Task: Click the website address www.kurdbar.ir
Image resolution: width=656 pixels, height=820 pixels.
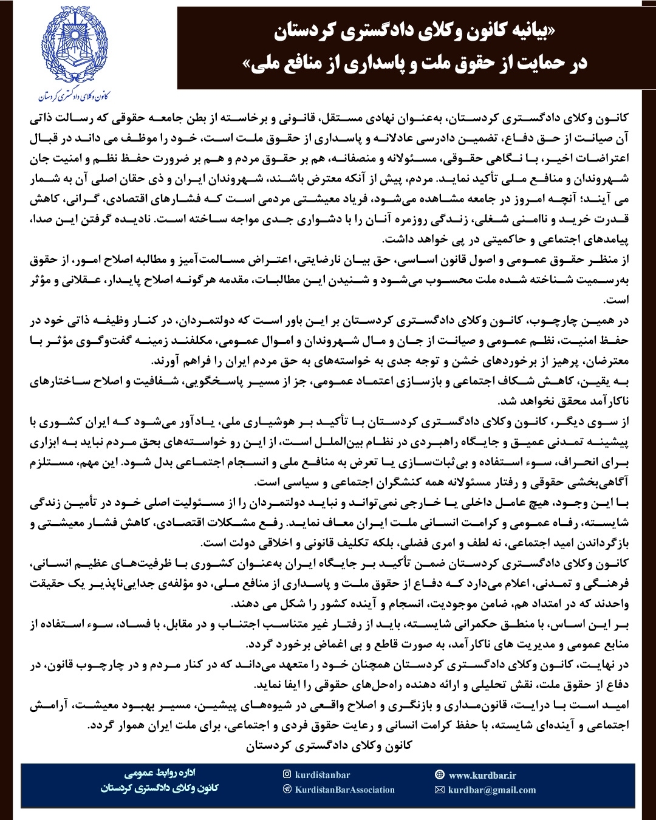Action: (x=482, y=775)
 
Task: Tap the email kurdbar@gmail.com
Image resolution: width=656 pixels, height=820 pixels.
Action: (x=492, y=790)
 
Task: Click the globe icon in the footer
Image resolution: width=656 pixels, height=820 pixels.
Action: (x=440, y=775)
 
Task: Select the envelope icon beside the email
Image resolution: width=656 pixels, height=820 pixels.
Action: (x=440, y=790)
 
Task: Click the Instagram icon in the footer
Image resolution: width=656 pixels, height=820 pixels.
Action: (x=287, y=774)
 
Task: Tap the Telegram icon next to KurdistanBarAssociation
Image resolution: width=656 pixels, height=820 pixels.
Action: (x=287, y=790)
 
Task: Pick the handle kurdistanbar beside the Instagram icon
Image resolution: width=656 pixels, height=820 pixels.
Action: (x=323, y=775)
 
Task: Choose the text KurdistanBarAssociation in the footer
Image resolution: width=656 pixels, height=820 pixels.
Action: (x=345, y=790)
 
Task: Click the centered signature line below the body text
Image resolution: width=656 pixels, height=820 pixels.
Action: (x=329, y=746)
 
